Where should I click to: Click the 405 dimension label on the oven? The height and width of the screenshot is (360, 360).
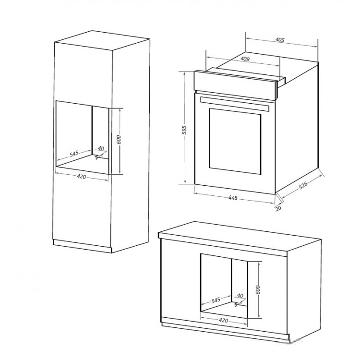pos(280,40)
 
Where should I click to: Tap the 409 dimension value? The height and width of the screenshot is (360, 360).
pos(245,59)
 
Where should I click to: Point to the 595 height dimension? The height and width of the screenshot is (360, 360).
pos(185,130)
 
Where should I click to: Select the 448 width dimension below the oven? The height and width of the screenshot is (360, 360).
pos(233,198)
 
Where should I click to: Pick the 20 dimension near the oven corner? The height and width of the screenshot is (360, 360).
pos(278,208)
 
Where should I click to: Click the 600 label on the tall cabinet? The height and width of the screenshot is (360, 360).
pos(119,140)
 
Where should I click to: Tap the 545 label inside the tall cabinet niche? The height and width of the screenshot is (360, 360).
pos(74,154)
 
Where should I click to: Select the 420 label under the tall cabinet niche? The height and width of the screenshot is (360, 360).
pos(81,177)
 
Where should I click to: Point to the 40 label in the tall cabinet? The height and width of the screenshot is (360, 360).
pos(101,148)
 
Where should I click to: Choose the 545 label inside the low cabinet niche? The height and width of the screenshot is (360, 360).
pos(216,300)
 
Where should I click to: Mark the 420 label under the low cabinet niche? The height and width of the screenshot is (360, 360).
pos(223,320)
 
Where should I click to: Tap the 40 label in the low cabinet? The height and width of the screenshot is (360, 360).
pos(240,296)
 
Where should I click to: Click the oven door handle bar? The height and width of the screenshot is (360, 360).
pos(234,103)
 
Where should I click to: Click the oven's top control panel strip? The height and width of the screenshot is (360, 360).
pos(235,85)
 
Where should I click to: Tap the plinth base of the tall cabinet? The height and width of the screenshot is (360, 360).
pos(82,246)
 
